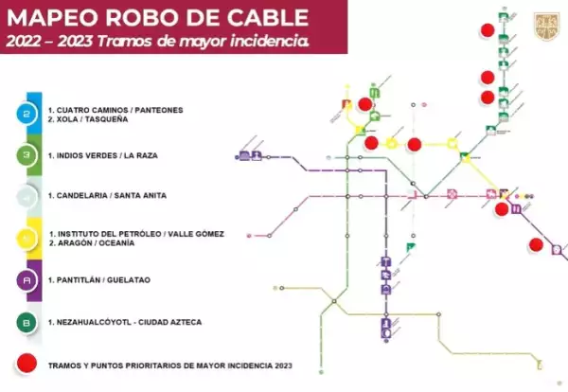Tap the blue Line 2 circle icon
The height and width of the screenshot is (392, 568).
tap(27, 114)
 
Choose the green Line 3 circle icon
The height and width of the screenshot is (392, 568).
tap(27, 155)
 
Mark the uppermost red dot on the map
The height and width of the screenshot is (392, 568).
tap(487, 28)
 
